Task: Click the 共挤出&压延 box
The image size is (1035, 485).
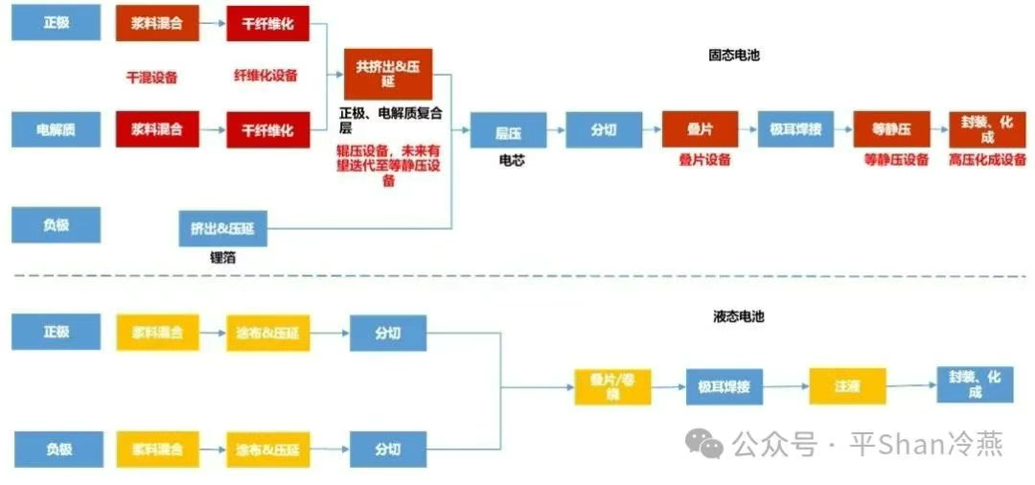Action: tap(388, 74)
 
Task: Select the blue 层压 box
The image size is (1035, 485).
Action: tap(507, 130)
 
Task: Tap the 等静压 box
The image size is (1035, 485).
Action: tap(891, 129)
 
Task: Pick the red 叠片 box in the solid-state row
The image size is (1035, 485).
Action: tap(700, 129)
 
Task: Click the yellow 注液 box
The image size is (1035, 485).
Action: tap(847, 385)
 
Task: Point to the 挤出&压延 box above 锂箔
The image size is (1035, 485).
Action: tap(222, 229)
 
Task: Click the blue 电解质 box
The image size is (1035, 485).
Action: tap(56, 129)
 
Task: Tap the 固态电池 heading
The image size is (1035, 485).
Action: tap(734, 56)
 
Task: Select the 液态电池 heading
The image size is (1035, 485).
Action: tap(738, 316)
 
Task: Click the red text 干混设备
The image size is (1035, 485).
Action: tap(152, 78)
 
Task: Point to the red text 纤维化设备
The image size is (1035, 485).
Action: tap(265, 75)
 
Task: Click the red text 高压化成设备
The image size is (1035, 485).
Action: tap(987, 159)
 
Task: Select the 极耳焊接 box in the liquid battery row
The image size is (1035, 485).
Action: tap(724, 386)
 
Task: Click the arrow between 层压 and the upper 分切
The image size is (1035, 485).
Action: tap(556, 129)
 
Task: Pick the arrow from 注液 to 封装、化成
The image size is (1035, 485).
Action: tap(910, 385)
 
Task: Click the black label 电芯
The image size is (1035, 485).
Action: tap(512, 160)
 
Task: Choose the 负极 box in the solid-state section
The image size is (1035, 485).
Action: tap(56, 225)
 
